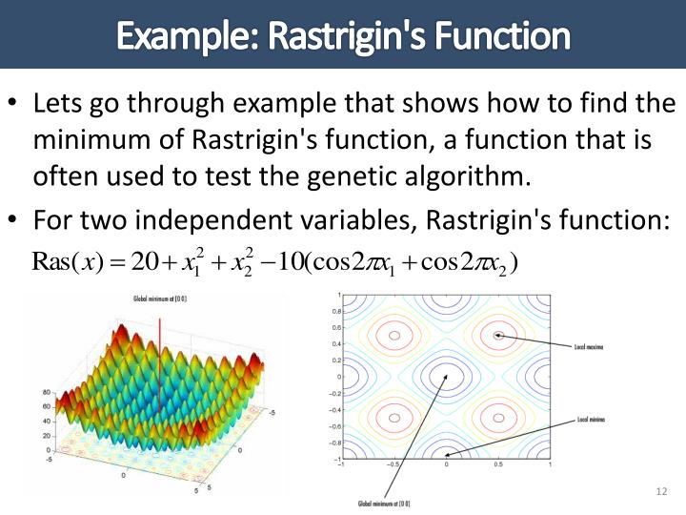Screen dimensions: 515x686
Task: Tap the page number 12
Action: (x=662, y=491)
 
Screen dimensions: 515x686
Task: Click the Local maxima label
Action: (x=589, y=347)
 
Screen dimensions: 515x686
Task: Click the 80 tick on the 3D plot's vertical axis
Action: (x=46, y=392)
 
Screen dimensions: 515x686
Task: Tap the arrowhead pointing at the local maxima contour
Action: (x=498, y=335)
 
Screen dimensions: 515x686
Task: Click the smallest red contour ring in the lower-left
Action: (x=393, y=418)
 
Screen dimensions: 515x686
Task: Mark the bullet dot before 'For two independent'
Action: (x=15, y=220)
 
